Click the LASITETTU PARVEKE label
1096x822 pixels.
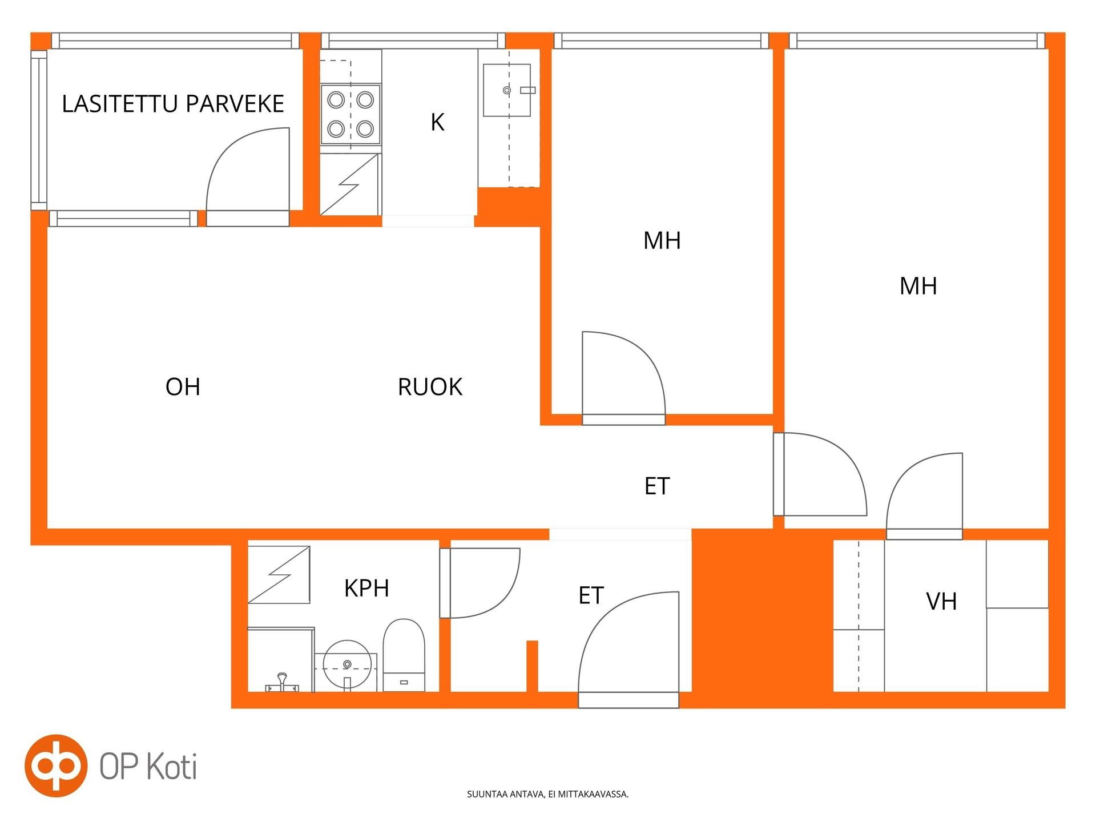[x=173, y=104]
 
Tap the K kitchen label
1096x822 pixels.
[x=437, y=122]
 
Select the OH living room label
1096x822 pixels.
[x=183, y=387]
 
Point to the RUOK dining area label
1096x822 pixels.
[x=430, y=387]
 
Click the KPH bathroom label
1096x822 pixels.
[x=366, y=588]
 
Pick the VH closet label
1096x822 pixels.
[x=941, y=601]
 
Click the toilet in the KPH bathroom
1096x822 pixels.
[x=404, y=655]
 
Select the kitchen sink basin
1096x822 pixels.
[x=507, y=90]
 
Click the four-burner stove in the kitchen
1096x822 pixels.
[x=350, y=115]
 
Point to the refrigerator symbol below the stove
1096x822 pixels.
[x=349, y=184]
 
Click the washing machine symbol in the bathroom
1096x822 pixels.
[x=279, y=574]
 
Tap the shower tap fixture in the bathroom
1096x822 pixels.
[x=282, y=683]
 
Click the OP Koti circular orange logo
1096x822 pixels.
[x=56, y=765]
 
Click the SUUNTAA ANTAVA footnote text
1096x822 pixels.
[x=548, y=794]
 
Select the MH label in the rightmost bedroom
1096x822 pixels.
[x=918, y=286]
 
